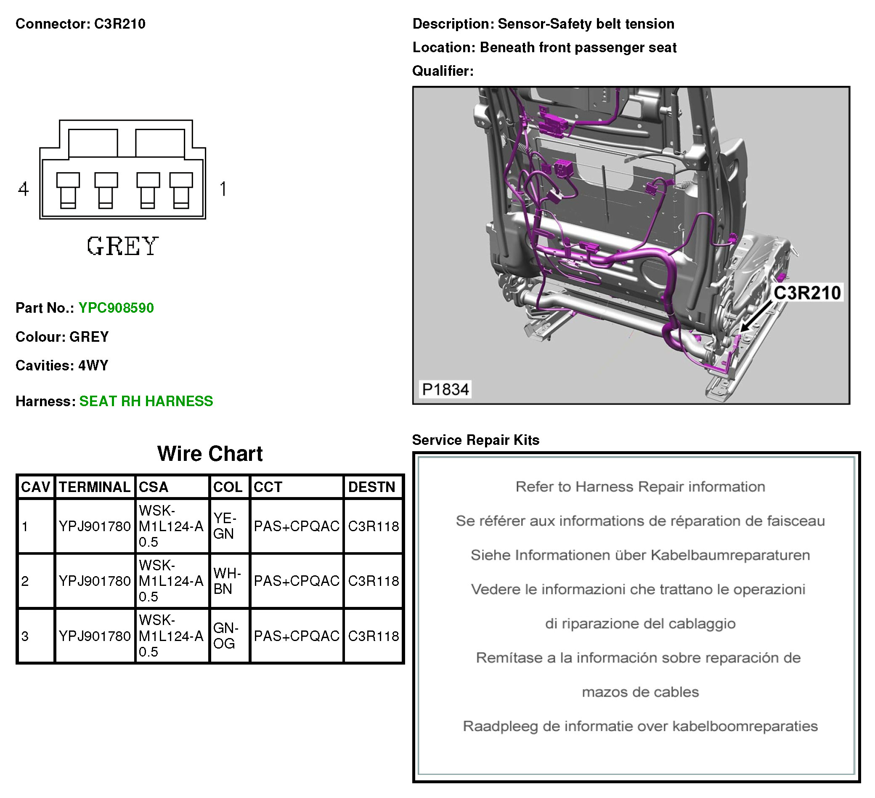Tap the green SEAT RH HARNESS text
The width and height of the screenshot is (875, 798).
pyautogui.click(x=146, y=401)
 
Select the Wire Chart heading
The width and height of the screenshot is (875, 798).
pyautogui.click(x=209, y=454)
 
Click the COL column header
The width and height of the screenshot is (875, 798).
pyautogui.click(x=228, y=487)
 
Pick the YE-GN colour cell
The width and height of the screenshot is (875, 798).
pyautogui.click(x=224, y=526)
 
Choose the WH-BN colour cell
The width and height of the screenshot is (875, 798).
pyautogui.click(x=227, y=581)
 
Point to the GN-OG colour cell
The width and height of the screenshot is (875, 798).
pyautogui.click(x=226, y=636)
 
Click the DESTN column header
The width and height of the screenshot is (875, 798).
pyautogui.click(x=371, y=487)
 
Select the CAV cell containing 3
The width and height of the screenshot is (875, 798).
pyautogui.click(x=25, y=636)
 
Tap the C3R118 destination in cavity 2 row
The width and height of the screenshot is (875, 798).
pyautogui.click(x=373, y=581)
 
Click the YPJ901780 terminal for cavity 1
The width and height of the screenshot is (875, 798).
pyautogui.click(x=95, y=526)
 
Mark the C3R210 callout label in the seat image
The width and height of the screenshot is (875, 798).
pyautogui.click(x=807, y=293)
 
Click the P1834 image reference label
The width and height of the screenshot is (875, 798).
pyautogui.click(x=445, y=389)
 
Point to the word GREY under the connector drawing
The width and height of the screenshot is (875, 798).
pyautogui.click(x=123, y=246)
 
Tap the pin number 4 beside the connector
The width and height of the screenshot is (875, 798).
pyautogui.click(x=24, y=189)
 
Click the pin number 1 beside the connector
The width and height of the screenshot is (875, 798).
pyautogui.click(x=223, y=189)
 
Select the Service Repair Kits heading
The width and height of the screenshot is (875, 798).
pyautogui.click(x=475, y=440)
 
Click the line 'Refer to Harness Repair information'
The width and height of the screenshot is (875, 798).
pyautogui.click(x=640, y=487)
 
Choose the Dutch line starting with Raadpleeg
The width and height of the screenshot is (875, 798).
pyautogui.click(x=640, y=726)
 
